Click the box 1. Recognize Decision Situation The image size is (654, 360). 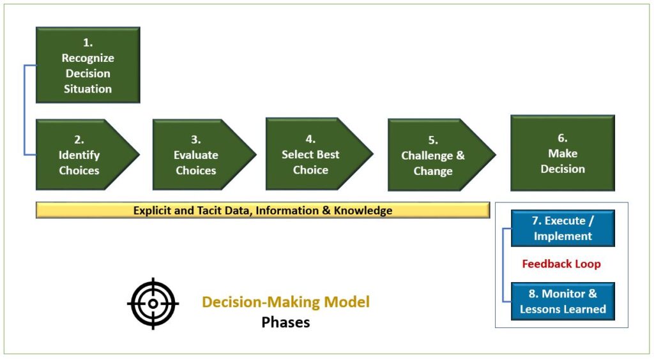pyautogui.click(x=88, y=65)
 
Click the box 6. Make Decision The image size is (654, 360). pyautogui.click(x=563, y=153)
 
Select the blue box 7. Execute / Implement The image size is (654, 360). pyautogui.click(x=563, y=229)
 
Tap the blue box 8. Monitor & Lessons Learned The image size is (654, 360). pyautogui.click(x=563, y=301)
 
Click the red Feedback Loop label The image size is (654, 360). pyautogui.click(x=561, y=264)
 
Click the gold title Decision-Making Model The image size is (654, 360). pyautogui.click(x=285, y=302)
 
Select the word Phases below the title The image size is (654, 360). pyautogui.click(x=285, y=322)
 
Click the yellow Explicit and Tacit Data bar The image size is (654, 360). pyautogui.click(x=262, y=210)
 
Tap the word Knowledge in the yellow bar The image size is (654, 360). pyautogui.click(x=363, y=211)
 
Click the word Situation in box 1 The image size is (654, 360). pyautogui.click(x=87, y=89)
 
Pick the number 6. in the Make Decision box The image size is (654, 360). pyautogui.click(x=563, y=138)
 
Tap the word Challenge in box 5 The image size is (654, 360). pyautogui.click(x=427, y=156)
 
